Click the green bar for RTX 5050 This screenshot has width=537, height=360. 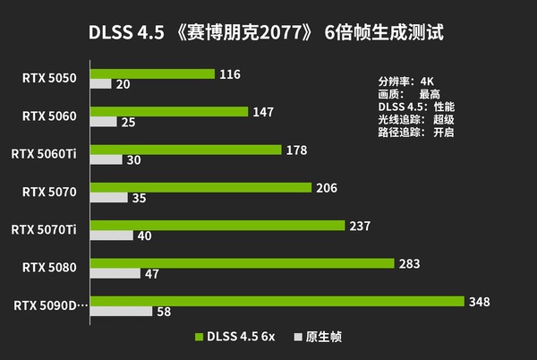[152, 73]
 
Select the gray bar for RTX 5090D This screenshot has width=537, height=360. [121, 312]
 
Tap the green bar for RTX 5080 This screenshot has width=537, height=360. [242, 263]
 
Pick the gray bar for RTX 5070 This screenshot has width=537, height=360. [110, 198]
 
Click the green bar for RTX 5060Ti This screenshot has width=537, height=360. [185, 150]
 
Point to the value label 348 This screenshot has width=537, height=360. [479, 302]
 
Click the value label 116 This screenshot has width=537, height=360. [229, 73]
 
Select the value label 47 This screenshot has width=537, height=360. [151, 274]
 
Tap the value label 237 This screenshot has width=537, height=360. [360, 226]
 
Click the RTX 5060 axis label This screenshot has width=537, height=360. [50, 116]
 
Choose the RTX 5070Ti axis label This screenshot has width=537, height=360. [44, 229]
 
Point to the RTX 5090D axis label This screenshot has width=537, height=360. [50, 305]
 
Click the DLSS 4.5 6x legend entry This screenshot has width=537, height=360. [234, 337]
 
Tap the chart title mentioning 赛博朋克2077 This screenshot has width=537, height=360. [266, 32]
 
